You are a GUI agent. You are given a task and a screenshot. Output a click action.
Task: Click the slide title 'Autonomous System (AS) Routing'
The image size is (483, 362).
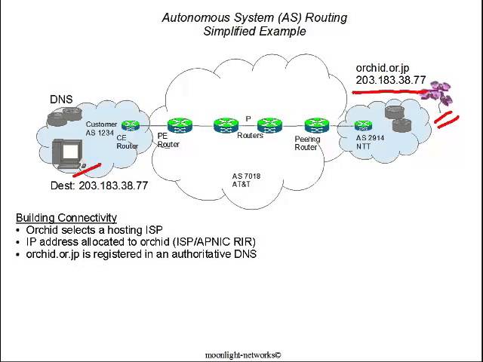pos(254,17)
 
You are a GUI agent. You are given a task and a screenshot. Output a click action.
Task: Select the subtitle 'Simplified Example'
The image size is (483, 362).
pos(254,31)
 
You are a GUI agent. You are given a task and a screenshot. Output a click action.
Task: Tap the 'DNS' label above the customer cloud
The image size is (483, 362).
pos(61,100)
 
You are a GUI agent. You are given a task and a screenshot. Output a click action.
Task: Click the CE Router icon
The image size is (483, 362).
pos(131,125)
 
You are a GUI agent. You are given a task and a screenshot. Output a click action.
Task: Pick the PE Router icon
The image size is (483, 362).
pos(180,125)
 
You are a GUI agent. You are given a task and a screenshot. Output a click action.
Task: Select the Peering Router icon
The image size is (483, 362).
pos(316,125)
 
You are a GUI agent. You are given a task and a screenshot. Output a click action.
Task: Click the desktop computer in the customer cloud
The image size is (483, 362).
pos(69,154)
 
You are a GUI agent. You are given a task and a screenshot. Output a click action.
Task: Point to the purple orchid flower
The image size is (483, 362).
pos(437,94)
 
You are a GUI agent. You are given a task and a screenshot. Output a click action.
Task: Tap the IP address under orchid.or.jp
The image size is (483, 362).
pos(391,80)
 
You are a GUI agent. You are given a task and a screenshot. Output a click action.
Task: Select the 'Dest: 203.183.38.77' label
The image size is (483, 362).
pos(99,186)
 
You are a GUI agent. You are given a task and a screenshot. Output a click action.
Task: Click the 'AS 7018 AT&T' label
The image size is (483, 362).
pos(246,180)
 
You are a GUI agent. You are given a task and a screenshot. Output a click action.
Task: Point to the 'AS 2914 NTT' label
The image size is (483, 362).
pos(370,142)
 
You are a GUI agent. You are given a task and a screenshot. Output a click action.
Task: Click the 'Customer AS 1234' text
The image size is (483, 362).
pos(101,128)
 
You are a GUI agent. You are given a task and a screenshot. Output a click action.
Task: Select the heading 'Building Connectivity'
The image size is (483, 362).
pos(66,218)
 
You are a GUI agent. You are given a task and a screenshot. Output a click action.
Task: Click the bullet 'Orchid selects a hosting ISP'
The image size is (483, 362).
pos(94,230)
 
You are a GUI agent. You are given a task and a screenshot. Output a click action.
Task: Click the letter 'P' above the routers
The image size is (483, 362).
pos(248,119)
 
